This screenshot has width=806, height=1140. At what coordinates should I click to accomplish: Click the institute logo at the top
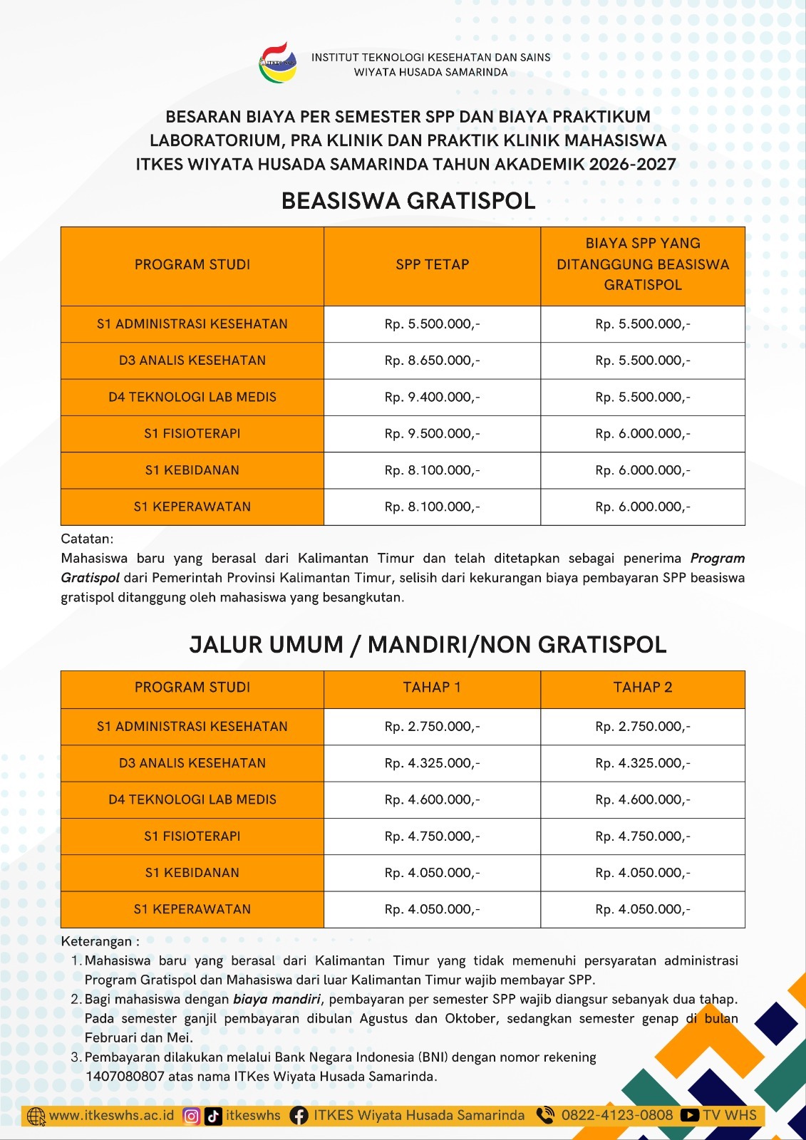pos(277,63)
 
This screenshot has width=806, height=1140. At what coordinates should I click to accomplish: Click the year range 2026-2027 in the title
pos(632,165)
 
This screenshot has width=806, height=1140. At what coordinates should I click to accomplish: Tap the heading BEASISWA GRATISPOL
pos(408,201)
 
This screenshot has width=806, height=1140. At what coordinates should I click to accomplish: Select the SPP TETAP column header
pos(432,264)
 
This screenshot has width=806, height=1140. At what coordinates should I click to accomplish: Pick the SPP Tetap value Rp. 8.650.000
pos(432,361)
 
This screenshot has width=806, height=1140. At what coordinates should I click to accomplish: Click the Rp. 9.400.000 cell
pos(432,397)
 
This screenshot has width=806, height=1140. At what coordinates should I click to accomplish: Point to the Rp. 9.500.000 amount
pos(432,433)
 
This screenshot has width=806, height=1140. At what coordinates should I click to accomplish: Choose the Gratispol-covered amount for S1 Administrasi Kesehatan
pos(642,324)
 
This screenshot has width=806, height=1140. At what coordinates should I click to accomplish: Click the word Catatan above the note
pos(87,539)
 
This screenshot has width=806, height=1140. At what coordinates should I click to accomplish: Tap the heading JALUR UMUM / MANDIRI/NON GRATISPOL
pos(428,645)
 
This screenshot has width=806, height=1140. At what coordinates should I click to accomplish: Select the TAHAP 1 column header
pos(432,688)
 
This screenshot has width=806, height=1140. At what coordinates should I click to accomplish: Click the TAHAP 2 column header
pos(642,688)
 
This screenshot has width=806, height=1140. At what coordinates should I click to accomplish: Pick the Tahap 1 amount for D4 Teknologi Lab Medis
pos(432,799)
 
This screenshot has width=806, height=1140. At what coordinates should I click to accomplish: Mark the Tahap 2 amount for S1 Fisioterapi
pos(642,836)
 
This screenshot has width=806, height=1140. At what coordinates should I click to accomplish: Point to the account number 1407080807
pos(125,1077)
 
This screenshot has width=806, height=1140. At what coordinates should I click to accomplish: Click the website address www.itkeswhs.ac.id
pos(111,1115)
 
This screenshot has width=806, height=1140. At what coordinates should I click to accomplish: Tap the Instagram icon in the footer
pos(191,1116)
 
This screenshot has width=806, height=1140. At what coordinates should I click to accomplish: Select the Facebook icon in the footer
pos(299,1116)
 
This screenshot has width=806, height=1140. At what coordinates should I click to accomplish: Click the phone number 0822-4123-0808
pos(616,1115)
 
